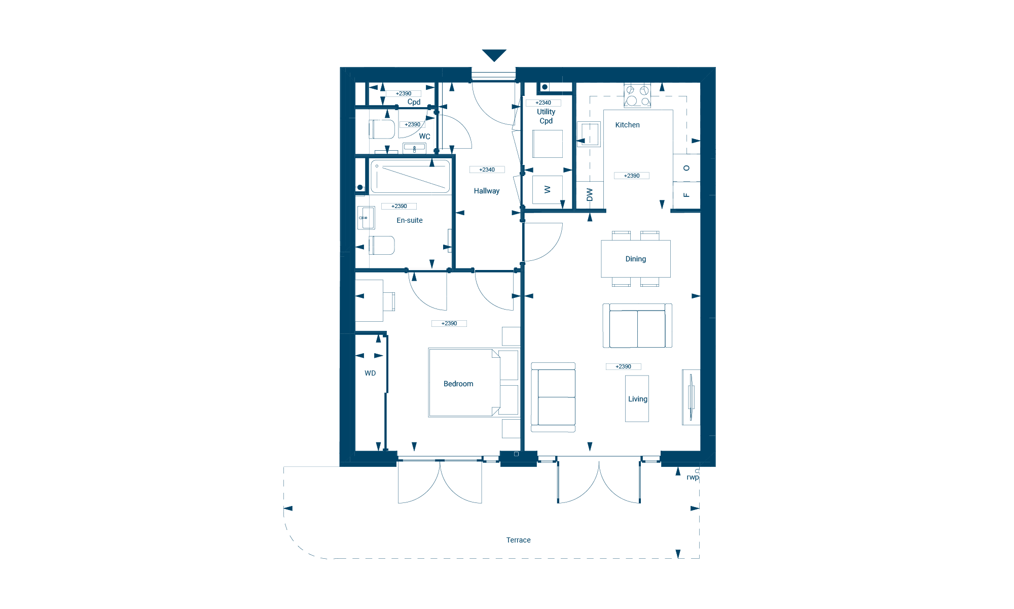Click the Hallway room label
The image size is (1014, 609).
coord(487,191)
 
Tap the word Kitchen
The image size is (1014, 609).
coord(627,125)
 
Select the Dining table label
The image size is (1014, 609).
coord(635,259)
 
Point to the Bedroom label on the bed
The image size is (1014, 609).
coord(458,384)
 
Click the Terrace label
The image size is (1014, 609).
coord(518,540)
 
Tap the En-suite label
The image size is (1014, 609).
coord(409,220)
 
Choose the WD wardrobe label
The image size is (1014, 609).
coord(370,373)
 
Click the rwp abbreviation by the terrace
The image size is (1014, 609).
coord(693,477)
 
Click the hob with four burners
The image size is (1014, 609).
coord(637,96)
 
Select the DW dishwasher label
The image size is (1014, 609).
coord(590,194)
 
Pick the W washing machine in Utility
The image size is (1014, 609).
coord(548,189)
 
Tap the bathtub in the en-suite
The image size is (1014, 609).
coord(410,177)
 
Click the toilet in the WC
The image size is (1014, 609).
coord(382,129)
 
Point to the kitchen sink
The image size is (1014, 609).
coord(589,134)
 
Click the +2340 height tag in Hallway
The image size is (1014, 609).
coord(487,170)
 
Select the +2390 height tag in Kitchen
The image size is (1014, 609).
coord(631,176)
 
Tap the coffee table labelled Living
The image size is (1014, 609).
coord(637,399)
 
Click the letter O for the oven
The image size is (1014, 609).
coord(686,168)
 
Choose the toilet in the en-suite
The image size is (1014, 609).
coord(382,246)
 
